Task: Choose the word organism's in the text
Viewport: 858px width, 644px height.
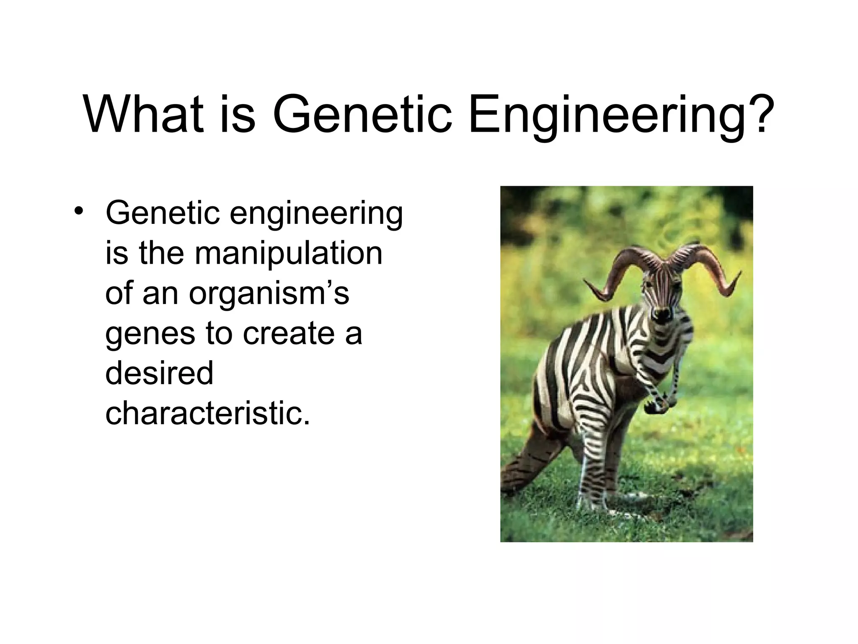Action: [269, 293]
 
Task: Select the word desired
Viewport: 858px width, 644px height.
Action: [159, 373]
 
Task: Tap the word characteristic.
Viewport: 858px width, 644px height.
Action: [208, 413]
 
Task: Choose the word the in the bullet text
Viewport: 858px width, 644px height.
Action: [161, 253]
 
